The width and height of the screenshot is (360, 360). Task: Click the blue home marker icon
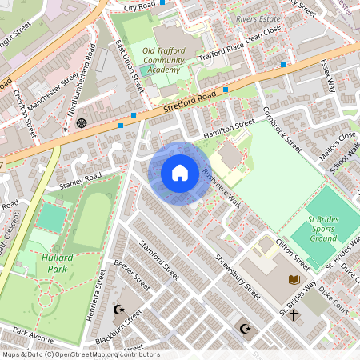180,173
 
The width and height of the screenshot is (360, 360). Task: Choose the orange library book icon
294,278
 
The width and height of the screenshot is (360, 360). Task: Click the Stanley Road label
81,182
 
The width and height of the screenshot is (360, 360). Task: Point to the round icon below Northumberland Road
82,122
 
